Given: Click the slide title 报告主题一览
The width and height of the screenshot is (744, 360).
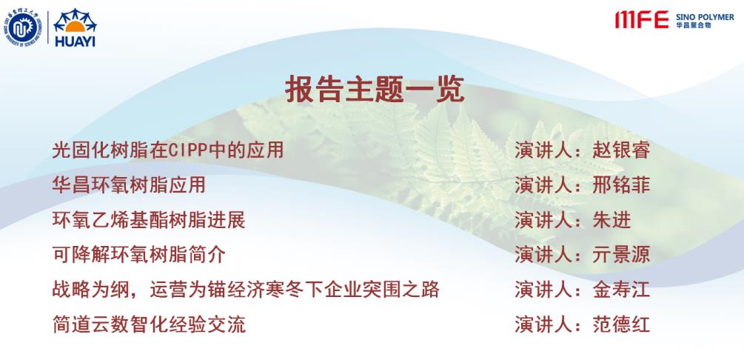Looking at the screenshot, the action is click(x=375, y=90).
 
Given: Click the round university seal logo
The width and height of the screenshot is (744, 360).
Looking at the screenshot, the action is click(x=22, y=27).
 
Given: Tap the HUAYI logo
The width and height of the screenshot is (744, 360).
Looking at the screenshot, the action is click(x=75, y=27).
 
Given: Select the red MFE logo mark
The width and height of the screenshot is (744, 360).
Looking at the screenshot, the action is click(x=642, y=19).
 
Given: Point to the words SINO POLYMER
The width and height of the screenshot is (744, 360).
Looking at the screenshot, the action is click(x=705, y=17).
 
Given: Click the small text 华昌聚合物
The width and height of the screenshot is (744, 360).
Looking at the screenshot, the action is click(x=693, y=25).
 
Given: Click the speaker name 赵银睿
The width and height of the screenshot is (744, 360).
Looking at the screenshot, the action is click(x=621, y=150).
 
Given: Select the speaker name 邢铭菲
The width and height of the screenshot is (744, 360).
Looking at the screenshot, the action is click(x=621, y=185).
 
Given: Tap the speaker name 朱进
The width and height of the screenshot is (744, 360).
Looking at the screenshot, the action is click(x=611, y=220).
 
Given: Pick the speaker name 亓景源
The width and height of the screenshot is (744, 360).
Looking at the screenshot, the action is click(x=621, y=255).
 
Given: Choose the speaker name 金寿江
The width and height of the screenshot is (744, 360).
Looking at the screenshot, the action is click(x=621, y=290).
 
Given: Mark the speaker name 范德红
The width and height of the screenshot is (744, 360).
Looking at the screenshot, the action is click(x=621, y=325).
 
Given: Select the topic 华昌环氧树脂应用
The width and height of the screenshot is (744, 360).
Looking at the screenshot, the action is click(x=129, y=185).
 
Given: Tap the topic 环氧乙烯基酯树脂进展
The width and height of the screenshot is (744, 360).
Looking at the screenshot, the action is click(x=149, y=220).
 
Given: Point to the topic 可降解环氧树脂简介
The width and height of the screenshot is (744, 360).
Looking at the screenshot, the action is click(x=138, y=255).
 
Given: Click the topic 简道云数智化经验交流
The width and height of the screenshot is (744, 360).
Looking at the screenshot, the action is click(x=149, y=325).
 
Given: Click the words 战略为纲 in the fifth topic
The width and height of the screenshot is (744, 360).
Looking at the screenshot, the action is click(x=90, y=290).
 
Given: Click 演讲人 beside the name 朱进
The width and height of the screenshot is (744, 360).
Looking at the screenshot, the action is click(x=544, y=220).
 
